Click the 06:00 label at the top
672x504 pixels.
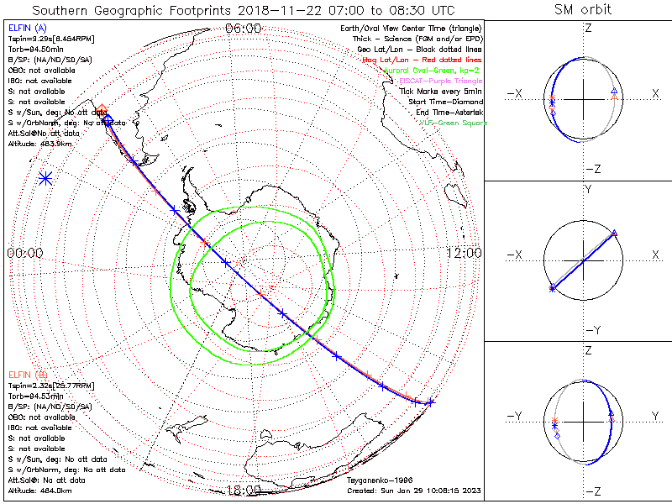click(x=244, y=29)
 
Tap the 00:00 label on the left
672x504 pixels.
click(x=24, y=253)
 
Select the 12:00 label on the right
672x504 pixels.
click(x=464, y=253)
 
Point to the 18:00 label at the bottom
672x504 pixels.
click(x=244, y=491)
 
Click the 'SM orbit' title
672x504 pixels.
click(x=583, y=10)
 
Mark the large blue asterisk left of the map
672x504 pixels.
click(x=46, y=178)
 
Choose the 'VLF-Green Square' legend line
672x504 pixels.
click(x=453, y=123)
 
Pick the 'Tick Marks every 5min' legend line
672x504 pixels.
click(x=443, y=91)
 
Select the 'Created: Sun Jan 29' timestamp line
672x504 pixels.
click(x=414, y=490)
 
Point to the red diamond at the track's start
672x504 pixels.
click(x=102, y=109)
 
